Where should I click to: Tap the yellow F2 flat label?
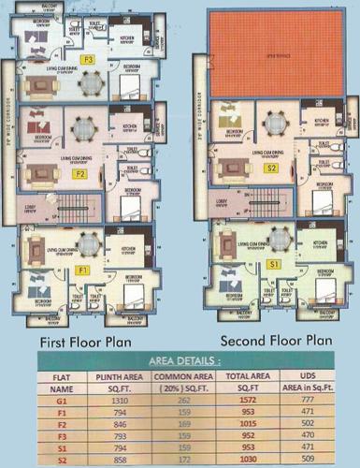81,173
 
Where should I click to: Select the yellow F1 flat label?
81,271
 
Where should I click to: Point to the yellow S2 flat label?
271,168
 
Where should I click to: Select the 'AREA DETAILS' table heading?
180,359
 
